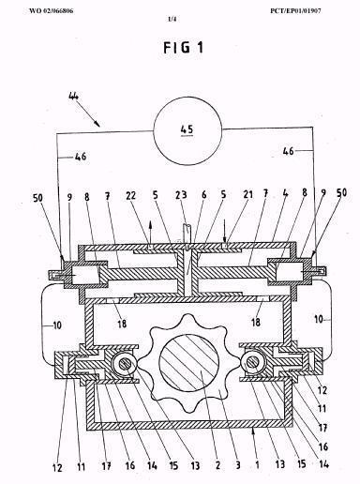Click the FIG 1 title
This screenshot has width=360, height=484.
184,48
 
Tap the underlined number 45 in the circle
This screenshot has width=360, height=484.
187,129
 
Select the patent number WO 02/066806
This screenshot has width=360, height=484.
52,11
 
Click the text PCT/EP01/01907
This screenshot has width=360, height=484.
295,11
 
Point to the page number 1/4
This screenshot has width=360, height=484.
172,20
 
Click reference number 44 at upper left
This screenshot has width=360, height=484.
73,96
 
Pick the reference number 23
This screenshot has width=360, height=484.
181,195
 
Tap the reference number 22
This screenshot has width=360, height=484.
131,195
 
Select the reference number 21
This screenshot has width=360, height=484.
248,194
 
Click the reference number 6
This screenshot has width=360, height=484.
204,195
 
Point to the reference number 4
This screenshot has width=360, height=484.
285,193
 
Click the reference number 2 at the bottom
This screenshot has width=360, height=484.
217,465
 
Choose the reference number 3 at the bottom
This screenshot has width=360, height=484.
238,465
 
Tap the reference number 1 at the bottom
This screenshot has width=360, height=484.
257,464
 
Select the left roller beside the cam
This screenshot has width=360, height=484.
124,363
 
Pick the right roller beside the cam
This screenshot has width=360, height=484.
253,363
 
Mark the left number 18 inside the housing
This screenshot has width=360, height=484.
122,323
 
